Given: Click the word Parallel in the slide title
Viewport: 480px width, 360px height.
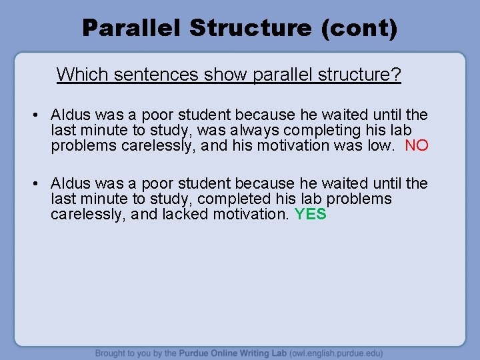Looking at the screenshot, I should [131, 28].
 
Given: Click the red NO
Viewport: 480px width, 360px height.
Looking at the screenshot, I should [417, 145].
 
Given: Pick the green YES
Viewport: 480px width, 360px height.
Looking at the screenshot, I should [310, 214].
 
